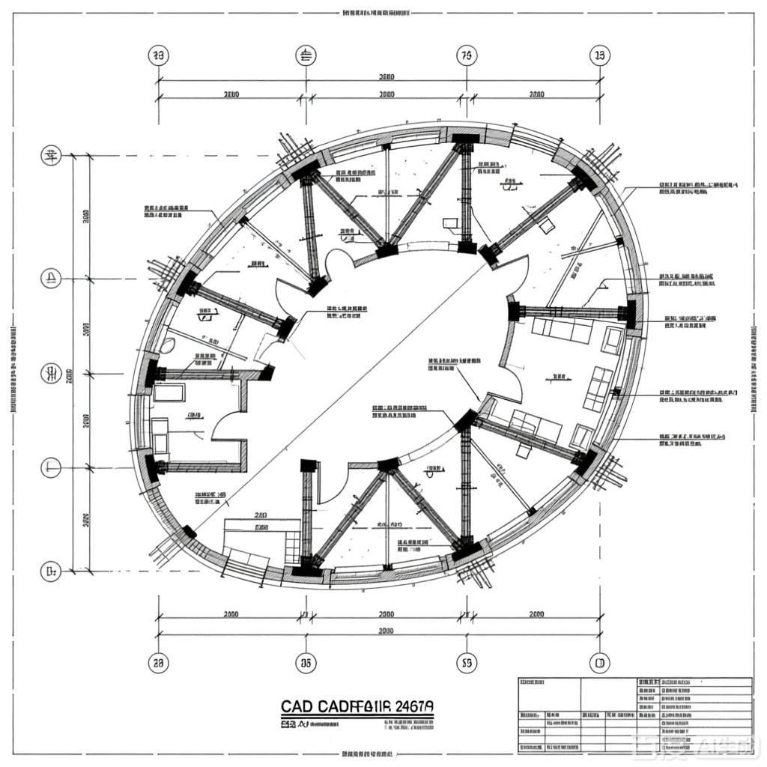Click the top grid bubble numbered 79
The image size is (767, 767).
(466, 55)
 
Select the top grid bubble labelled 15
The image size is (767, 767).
(599, 55)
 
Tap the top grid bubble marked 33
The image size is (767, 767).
(158, 55)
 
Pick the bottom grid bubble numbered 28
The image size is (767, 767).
(158, 662)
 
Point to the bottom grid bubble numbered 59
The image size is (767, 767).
(466, 662)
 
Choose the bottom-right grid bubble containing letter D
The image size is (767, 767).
(599, 662)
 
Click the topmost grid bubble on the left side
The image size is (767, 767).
(51, 156)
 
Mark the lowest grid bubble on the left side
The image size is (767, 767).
(51, 572)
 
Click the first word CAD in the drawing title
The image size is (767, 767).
(296, 707)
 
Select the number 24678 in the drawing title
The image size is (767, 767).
(413, 707)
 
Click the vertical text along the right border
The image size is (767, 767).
(754, 371)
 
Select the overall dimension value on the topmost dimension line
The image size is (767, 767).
(386, 77)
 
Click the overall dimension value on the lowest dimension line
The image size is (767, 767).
(386, 631)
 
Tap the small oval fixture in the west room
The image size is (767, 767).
(169, 345)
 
